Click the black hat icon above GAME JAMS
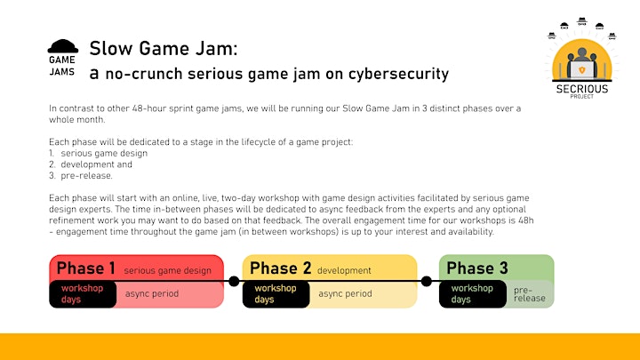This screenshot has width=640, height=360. click(63, 46)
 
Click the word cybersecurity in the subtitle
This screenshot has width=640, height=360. click(398, 74)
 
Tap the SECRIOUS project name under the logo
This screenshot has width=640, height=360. click(582, 89)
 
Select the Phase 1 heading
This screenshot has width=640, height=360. click(85, 268)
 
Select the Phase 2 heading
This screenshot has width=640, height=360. click(280, 268)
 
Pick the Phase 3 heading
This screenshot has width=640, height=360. click(477, 268)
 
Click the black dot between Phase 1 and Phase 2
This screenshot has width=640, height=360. click(234, 281)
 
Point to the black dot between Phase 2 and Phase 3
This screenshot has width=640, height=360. click(427, 281)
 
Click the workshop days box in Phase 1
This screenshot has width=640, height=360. click(83, 294)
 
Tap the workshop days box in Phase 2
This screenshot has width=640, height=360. click(276, 294)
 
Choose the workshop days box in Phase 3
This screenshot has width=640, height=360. click(473, 294)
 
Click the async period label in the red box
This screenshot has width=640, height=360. click(152, 293)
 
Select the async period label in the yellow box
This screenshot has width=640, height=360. click(345, 293)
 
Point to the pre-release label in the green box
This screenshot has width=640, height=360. click(530, 294)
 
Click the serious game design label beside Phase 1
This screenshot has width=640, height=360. click(168, 270)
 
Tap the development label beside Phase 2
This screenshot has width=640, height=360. click(344, 270)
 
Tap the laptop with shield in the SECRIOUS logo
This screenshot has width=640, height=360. click(581, 70)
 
